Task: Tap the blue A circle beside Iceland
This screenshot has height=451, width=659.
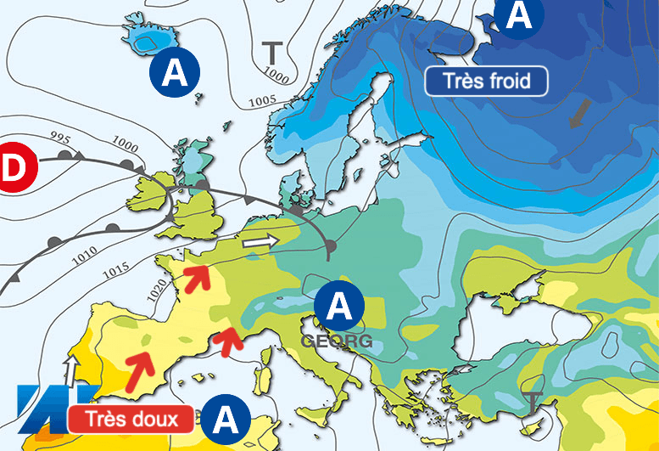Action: (175, 71)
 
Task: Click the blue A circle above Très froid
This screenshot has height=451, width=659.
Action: (520, 16)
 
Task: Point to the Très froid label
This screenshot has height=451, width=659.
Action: (486, 82)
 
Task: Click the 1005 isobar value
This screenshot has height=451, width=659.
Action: (263, 101)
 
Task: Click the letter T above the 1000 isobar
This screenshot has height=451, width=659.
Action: (271, 53)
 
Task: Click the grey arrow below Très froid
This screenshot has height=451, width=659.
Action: (582, 113)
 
